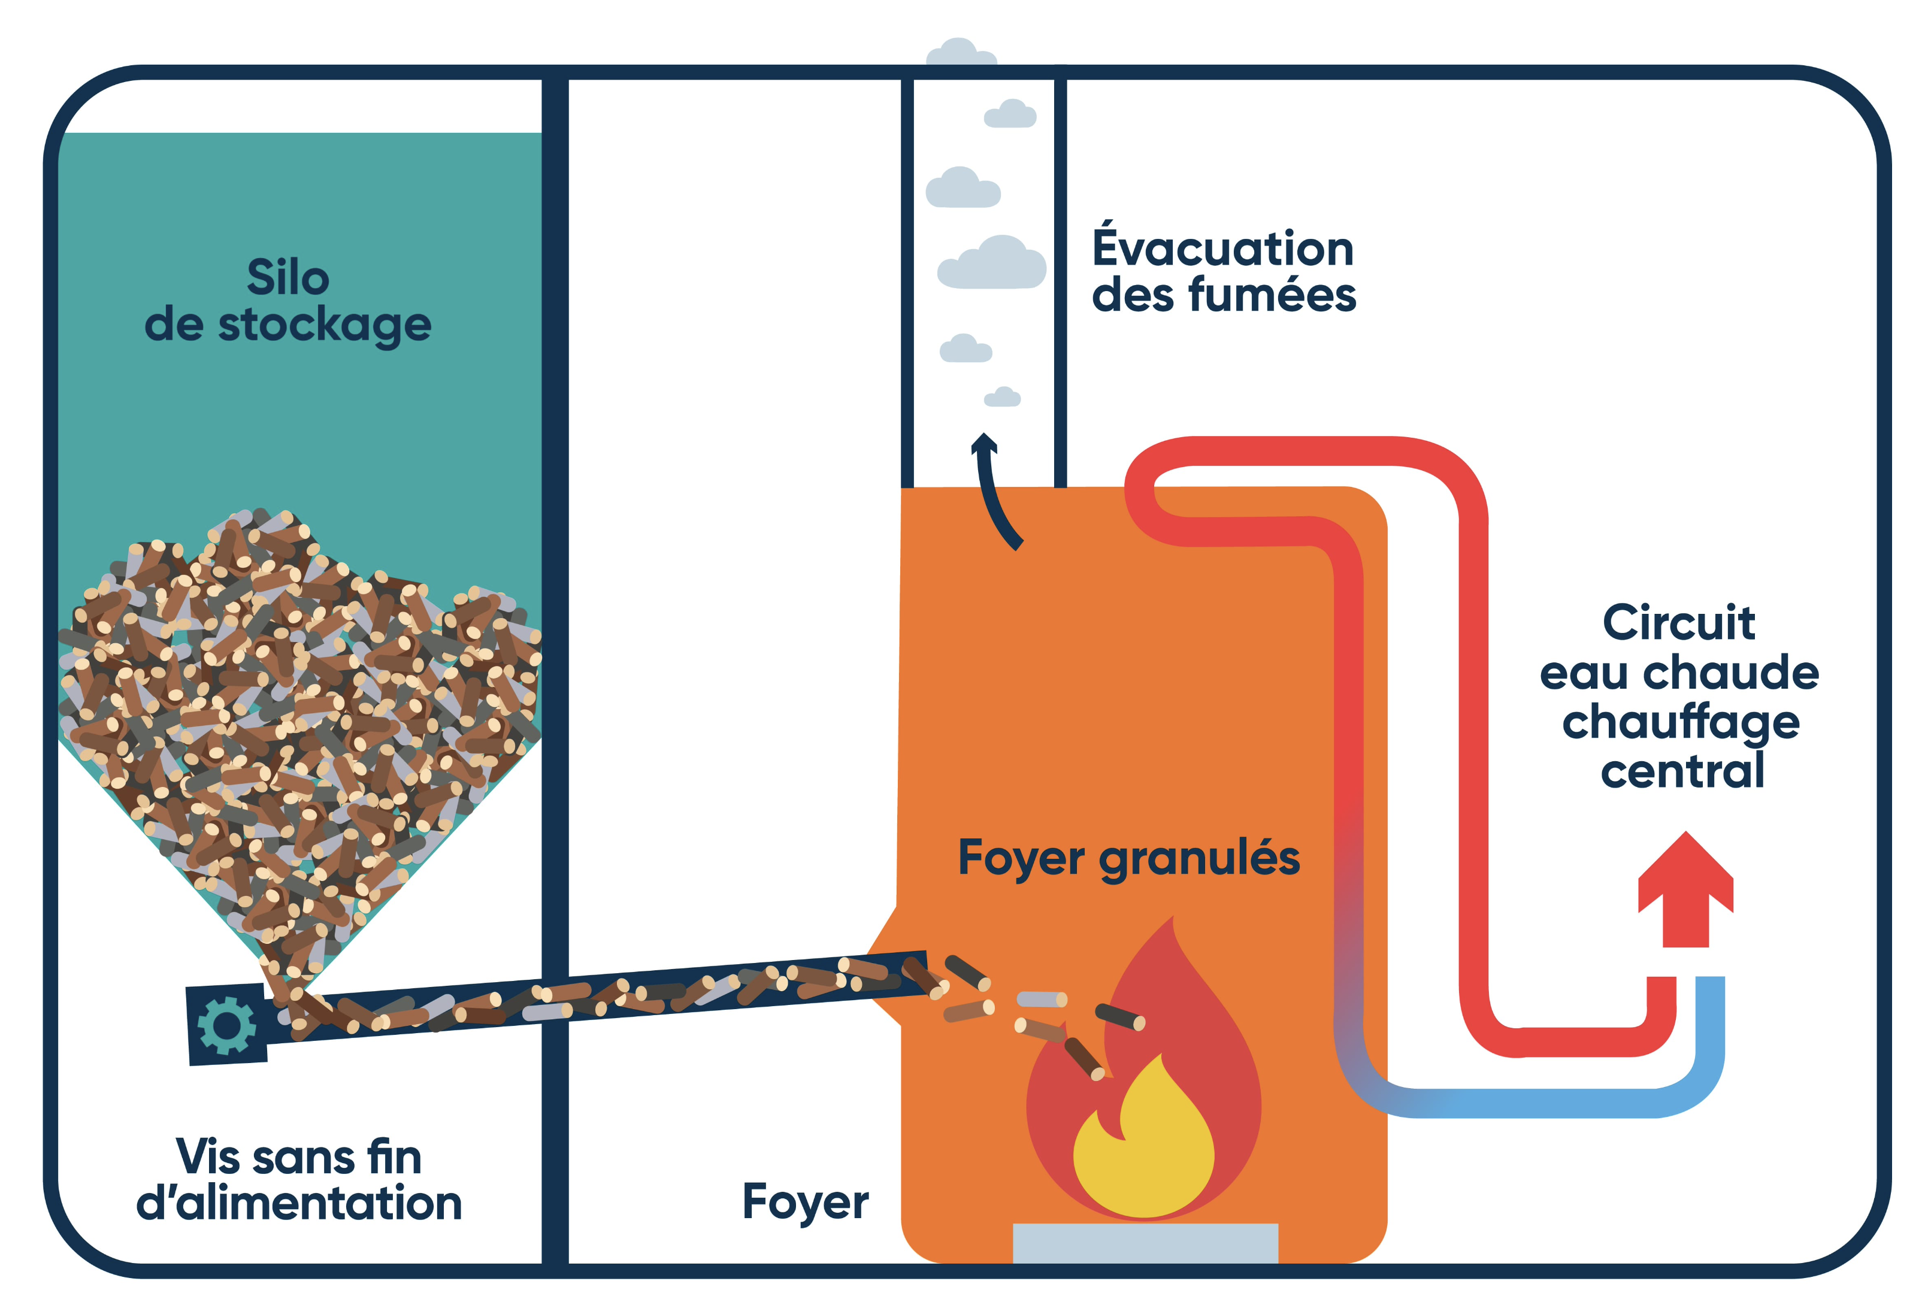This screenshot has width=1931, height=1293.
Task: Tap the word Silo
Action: tap(287, 277)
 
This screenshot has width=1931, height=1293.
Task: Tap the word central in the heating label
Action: tap(1682, 771)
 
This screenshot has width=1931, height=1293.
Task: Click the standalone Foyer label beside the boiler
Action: tap(805, 1201)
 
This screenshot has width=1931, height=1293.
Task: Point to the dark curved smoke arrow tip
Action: tap(983, 443)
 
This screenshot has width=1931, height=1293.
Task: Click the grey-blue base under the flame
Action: tap(1145, 1242)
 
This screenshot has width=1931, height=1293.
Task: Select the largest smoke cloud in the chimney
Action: tap(992, 263)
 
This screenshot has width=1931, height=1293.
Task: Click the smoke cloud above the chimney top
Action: tap(961, 53)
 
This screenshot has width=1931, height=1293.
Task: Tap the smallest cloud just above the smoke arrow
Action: tap(1003, 398)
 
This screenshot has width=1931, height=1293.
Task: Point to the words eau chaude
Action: tap(1679, 673)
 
